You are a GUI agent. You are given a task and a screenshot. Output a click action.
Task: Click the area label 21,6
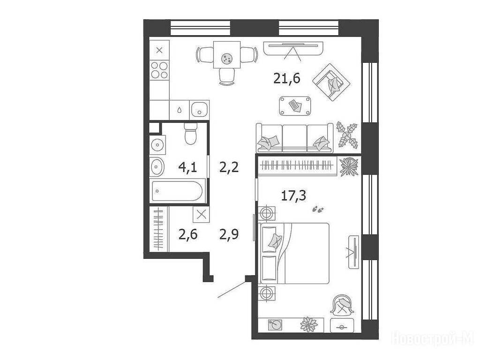[x=286, y=79]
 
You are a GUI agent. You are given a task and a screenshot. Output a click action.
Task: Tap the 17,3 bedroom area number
[x=293, y=195]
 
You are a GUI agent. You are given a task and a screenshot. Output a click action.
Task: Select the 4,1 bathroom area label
[x=187, y=167]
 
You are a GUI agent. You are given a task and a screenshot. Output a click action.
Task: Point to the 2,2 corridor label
[x=229, y=167]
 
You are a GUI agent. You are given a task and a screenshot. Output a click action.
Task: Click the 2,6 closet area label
[x=188, y=235]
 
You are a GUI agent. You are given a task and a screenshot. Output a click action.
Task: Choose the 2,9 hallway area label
[x=229, y=234]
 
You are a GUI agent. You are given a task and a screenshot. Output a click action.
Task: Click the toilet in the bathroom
[x=190, y=134]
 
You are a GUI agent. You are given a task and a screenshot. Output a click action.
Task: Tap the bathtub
[x=177, y=191]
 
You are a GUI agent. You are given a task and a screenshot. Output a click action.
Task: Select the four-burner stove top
[x=159, y=70]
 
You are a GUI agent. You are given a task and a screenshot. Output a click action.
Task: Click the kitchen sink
[x=199, y=110]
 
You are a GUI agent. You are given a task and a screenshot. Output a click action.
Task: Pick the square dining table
[x=227, y=55]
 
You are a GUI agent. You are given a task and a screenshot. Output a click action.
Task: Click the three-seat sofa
[x=294, y=138]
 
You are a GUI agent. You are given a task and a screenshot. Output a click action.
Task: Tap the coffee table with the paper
[x=295, y=106]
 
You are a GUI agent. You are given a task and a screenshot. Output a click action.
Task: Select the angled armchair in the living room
[x=332, y=82]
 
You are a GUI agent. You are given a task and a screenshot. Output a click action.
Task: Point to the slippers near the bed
[x=318, y=210]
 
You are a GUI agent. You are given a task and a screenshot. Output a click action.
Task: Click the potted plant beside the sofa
[x=347, y=135]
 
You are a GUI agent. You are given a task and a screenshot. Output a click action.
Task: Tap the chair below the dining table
[x=227, y=76]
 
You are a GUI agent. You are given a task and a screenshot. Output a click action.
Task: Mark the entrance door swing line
[x=232, y=289]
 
